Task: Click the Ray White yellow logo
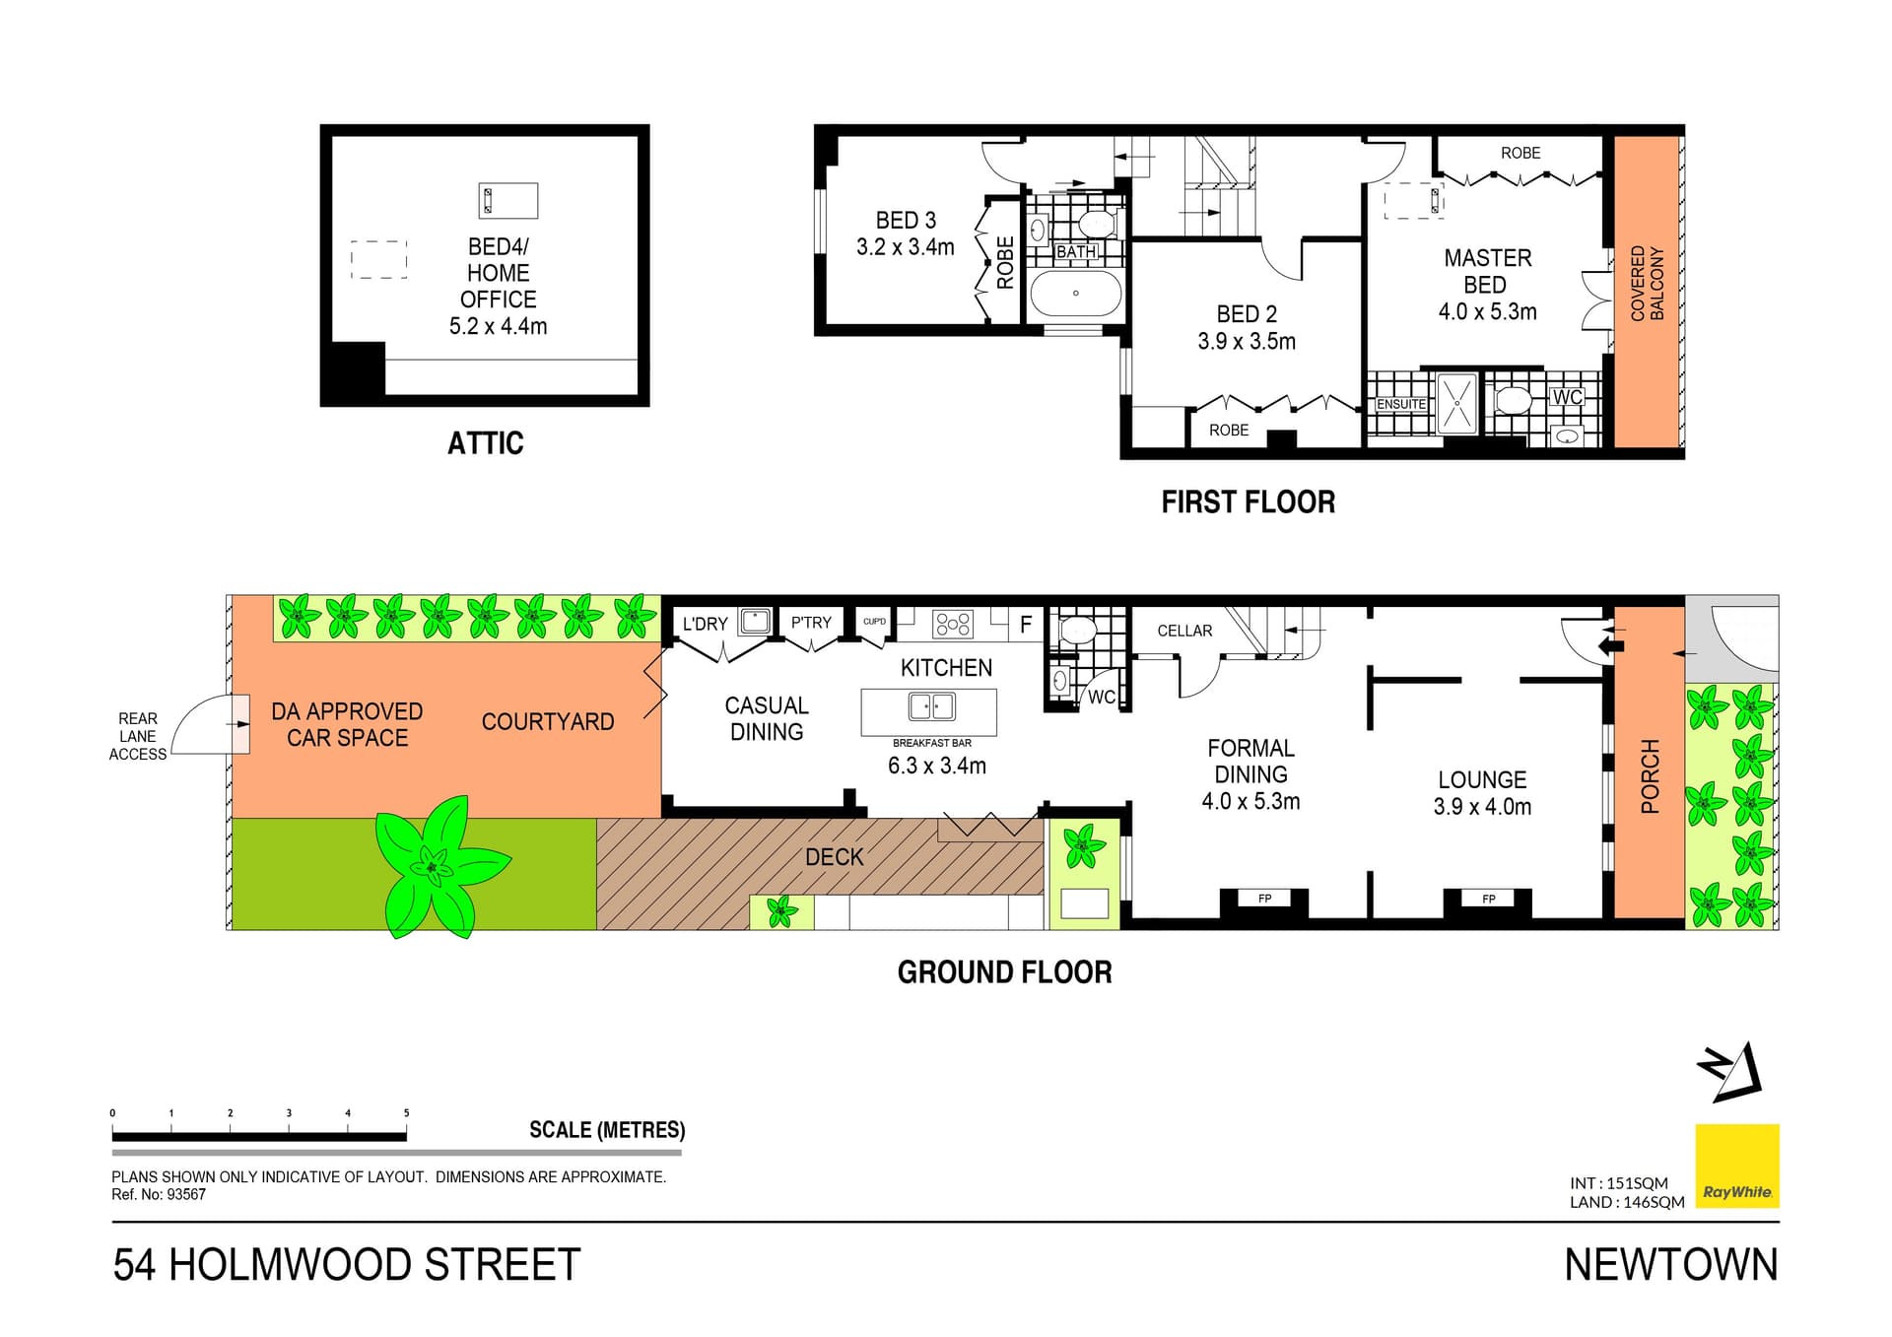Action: coord(1736,1166)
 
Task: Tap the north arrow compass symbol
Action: coord(1730,1071)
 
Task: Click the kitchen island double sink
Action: coord(930,706)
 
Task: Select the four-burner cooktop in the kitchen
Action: coord(953,624)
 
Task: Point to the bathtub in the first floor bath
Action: coord(1075,293)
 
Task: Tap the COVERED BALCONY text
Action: coord(1648,284)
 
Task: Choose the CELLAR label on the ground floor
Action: coord(1184,631)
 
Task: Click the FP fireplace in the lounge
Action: coord(1488,899)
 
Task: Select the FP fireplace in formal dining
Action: coord(1264,899)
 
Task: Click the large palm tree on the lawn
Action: coord(434,865)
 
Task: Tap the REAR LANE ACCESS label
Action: coord(138,737)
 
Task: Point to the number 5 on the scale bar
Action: coord(406,1113)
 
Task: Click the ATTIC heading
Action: coord(485,443)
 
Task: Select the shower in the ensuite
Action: coord(1456,403)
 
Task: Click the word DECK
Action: coord(834,857)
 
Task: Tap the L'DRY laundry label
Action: coord(705,624)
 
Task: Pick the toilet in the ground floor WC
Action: coord(1076,630)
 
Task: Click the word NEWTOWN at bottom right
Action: coord(1670,1266)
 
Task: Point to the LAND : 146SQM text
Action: coord(1627,1202)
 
